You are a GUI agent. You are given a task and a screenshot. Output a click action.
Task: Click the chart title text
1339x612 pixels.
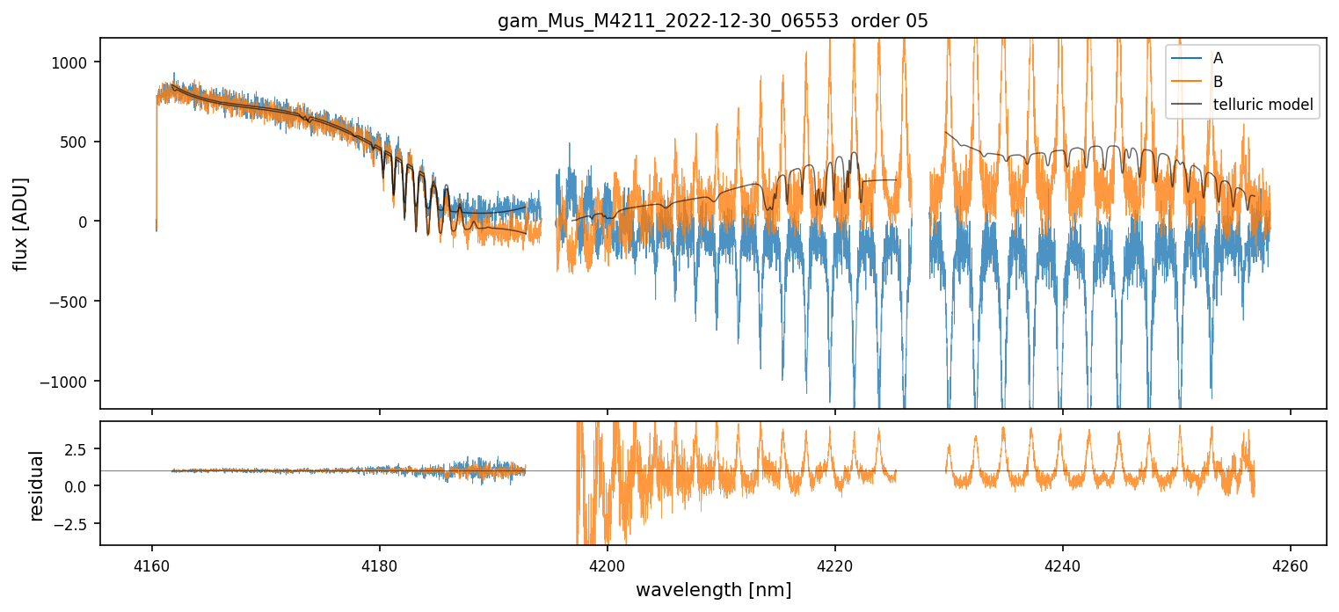click(713, 21)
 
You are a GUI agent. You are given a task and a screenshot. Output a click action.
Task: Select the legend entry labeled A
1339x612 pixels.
click(1218, 59)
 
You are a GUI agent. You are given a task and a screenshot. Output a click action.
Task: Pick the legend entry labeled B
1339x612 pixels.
click(1218, 82)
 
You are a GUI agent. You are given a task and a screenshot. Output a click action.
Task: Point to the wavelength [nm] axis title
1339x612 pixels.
click(713, 590)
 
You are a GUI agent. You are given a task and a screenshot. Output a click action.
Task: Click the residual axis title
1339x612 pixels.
click(37, 484)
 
